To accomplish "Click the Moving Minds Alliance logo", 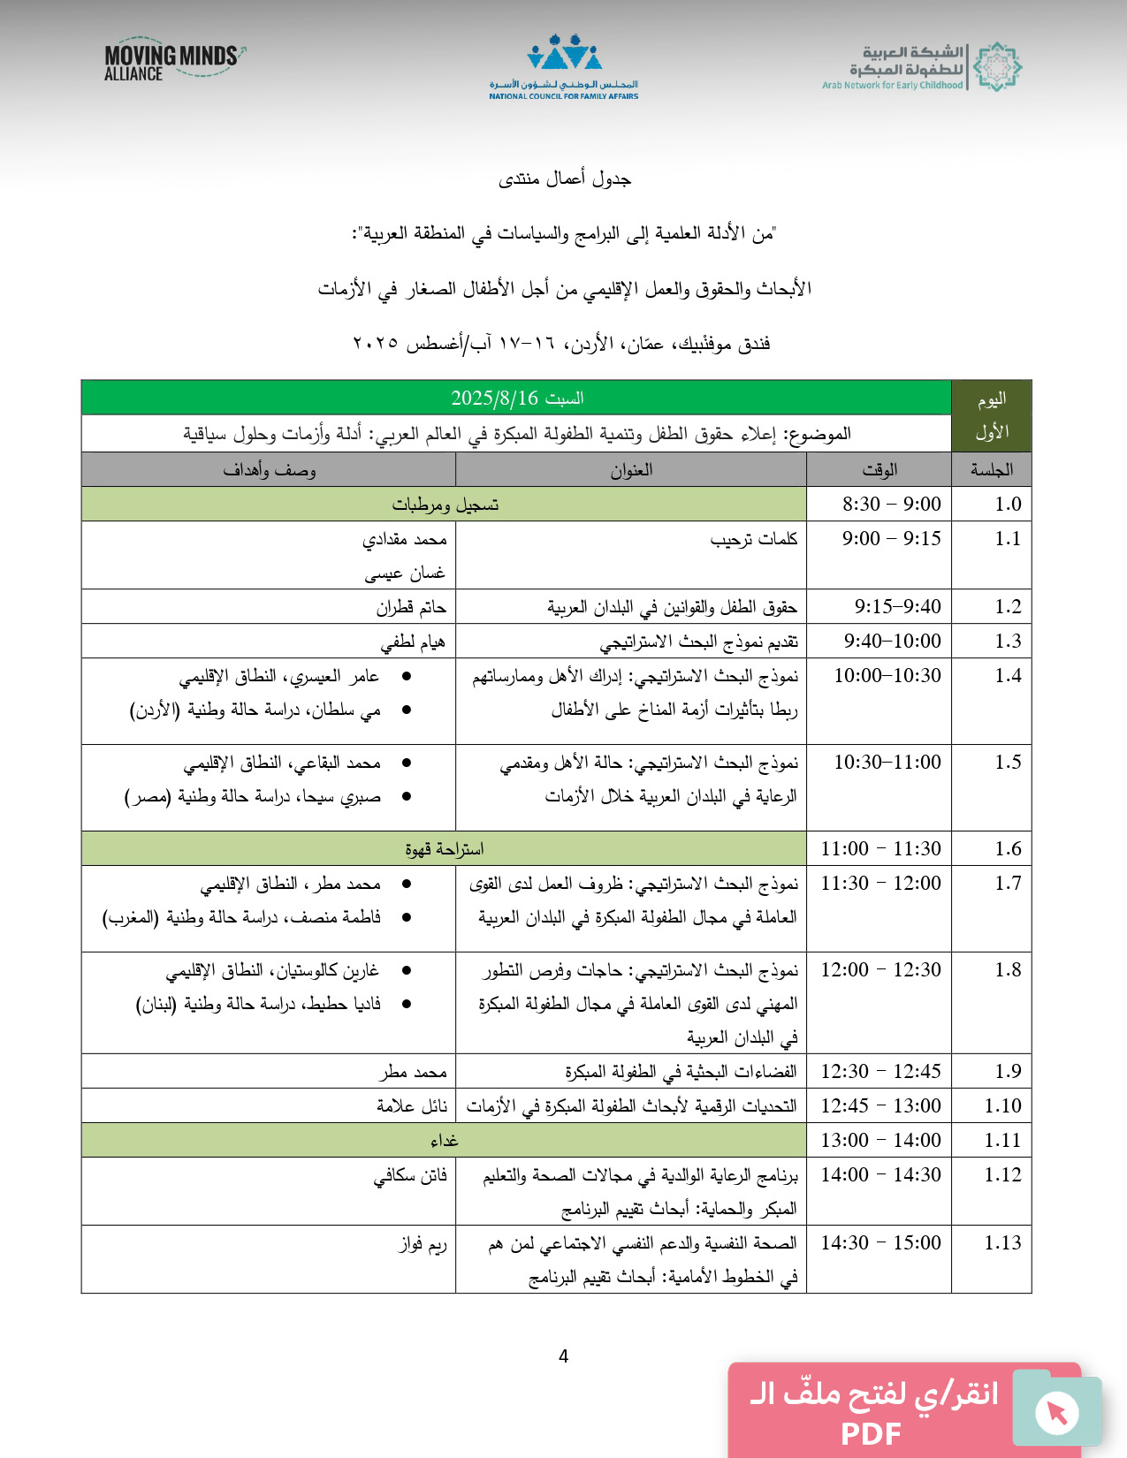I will pyautogui.click(x=173, y=62).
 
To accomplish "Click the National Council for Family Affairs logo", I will pyautogui.click(x=564, y=67).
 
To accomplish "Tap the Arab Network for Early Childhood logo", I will pyautogui.click(x=922, y=67).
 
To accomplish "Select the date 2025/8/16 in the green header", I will pyautogui.click(x=494, y=398).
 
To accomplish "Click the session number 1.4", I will pyautogui.click(x=1008, y=676).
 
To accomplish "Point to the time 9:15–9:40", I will pyautogui.click(x=897, y=606).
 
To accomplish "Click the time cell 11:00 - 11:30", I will pyautogui.click(x=880, y=848).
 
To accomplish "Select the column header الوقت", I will pyautogui.click(x=880, y=470).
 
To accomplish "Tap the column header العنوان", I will pyautogui.click(x=631, y=470).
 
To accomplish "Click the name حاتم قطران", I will pyautogui.click(x=411, y=607).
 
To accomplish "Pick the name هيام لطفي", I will pyautogui.click(x=413, y=642).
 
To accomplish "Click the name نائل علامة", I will pyautogui.click(x=412, y=1106).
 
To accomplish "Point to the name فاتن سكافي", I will pyautogui.click(x=410, y=1175).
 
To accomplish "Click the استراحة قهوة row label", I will pyautogui.click(x=444, y=849).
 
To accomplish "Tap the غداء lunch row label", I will pyautogui.click(x=444, y=1141).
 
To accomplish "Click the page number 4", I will pyautogui.click(x=563, y=1356).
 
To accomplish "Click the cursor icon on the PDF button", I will pyautogui.click(x=1056, y=1411).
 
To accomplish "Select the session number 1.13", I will pyautogui.click(x=1002, y=1243).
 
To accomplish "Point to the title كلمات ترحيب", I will pyautogui.click(x=753, y=539).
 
